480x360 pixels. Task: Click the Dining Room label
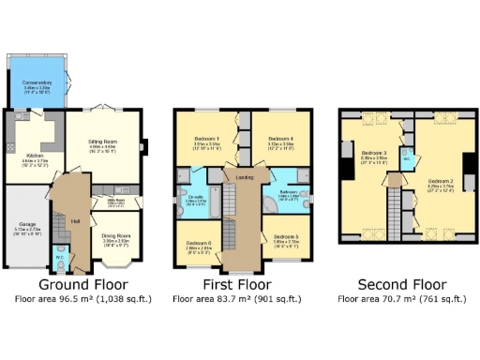115,236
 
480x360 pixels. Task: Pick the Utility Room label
115,201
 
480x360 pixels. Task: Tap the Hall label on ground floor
74,221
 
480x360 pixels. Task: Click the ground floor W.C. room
59,254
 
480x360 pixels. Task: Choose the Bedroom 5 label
286,238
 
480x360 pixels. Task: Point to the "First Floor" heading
236,283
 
